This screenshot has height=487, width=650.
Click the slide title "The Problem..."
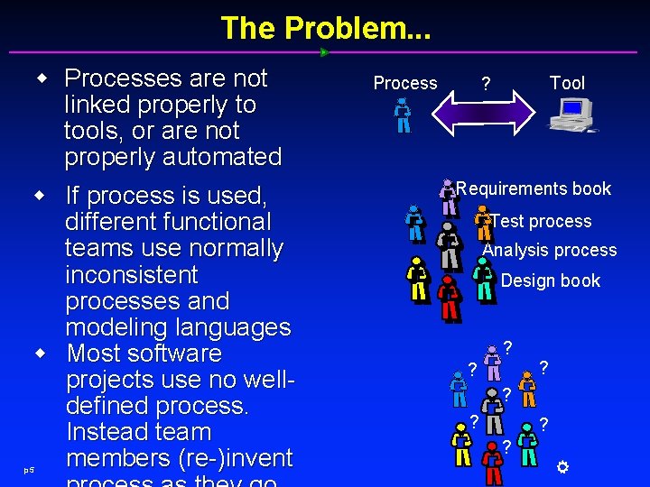(325, 28)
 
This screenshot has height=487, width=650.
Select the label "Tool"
(567, 83)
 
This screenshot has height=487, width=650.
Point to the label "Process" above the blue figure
(405, 83)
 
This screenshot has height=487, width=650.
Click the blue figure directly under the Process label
(403, 115)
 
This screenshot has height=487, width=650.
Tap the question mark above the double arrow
(486, 85)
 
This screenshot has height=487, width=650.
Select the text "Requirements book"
(534, 188)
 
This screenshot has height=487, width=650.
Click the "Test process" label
(542, 221)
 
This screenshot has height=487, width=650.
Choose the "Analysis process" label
(550, 250)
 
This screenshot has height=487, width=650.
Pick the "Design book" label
(550, 280)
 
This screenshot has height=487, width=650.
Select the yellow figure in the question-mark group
(461, 446)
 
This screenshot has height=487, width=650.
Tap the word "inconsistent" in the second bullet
(131, 274)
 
